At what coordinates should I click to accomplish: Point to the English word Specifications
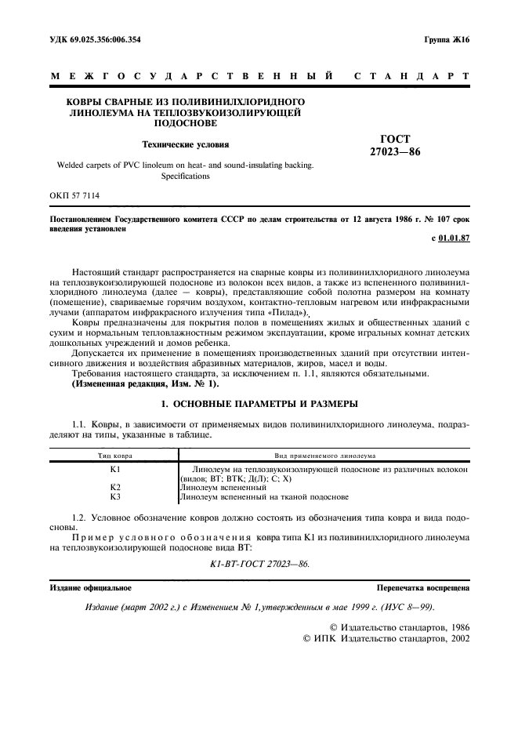[185, 176]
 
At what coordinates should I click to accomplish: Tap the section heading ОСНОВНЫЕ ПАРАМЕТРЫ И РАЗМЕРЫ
[259, 404]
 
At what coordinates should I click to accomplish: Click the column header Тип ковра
[114, 455]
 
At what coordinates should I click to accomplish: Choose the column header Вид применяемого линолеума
[324, 455]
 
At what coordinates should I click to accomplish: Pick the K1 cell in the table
[114, 468]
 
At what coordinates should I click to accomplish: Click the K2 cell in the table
[114, 487]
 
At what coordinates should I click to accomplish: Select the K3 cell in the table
[114, 496]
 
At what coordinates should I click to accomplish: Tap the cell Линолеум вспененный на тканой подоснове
[264, 496]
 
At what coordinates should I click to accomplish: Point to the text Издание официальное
[90, 587]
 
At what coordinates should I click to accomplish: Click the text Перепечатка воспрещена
[422, 587]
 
